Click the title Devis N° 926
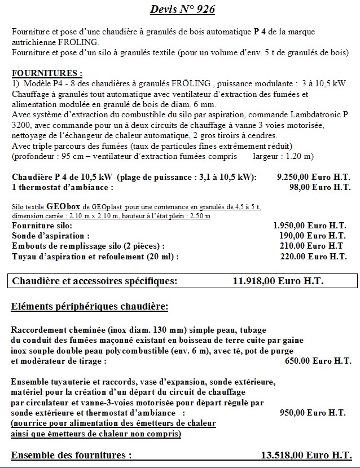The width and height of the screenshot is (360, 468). click(x=182, y=10)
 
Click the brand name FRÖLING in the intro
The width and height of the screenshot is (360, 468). click(x=82, y=42)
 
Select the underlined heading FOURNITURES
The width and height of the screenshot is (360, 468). click(x=47, y=73)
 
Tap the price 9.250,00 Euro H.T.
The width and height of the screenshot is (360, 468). click(x=312, y=177)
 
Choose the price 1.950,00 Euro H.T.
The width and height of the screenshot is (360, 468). click(x=310, y=226)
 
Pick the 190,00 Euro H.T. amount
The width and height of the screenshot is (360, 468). click(x=313, y=236)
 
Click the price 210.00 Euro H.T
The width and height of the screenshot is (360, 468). click(x=311, y=246)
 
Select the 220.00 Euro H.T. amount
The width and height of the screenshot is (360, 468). click(x=313, y=256)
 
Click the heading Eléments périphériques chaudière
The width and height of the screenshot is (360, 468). click(x=90, y=307)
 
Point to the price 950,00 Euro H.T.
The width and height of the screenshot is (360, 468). click(x=313, y=413)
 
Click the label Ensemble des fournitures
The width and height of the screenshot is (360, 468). click(x=72, y=455)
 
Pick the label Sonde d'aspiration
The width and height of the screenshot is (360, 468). click(x=51, y=236)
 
